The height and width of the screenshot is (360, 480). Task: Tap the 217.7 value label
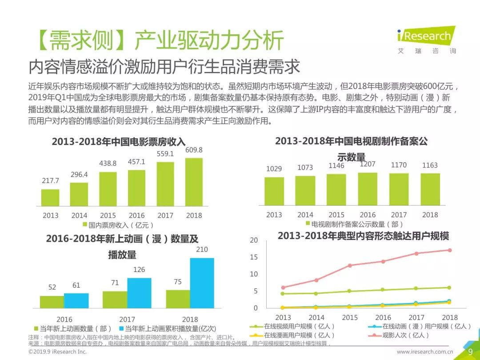(50, 181)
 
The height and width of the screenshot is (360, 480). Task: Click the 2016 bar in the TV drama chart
(368, 188)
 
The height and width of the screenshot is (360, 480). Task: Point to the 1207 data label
(367, 164)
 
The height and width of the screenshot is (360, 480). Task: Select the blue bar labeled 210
(202, 283)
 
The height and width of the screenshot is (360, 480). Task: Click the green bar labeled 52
(52, 302)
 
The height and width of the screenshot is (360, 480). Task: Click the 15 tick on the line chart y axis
(254, 257)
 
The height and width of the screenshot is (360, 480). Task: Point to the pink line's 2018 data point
(450, 250)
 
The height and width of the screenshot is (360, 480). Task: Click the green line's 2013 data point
(283, 293)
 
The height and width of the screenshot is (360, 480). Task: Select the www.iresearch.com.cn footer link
(425, 352)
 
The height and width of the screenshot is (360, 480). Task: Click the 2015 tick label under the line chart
(350, 317)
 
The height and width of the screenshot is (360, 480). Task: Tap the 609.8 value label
(194, 150)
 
